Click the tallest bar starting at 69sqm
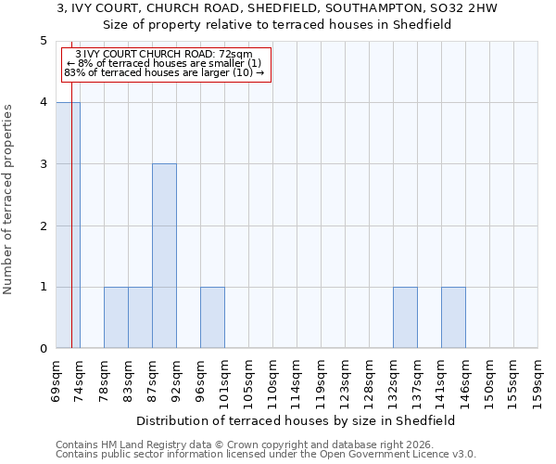coord(68,226)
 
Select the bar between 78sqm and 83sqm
coord(116,317)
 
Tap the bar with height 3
coord(164,256)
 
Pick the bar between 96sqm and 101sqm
coord(212,317)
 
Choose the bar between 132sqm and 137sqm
coord(405,317)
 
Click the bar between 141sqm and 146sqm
coord(453,317)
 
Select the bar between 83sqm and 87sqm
coord(140,317)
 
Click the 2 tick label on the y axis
coord(43,226)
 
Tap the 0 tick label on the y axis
coord(43,349)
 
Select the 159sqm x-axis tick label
coord(538,380)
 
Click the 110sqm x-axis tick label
coord(273,380)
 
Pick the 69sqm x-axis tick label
coord(57,380)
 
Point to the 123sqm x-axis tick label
coord(346,380)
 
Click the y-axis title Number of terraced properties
coord(9,200)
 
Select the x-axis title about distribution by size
coord(297,420)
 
